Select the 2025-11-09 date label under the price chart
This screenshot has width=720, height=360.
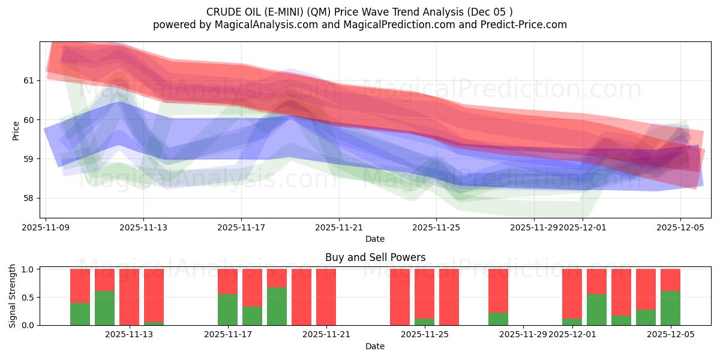[46, 227]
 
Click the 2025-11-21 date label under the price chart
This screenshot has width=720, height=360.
[339, 227]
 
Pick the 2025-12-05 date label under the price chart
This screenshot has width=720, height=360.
[680, 227]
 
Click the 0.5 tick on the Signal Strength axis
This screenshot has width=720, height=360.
[29, 297]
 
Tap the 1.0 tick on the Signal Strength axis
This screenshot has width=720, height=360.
[29, 269]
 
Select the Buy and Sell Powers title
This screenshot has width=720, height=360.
[375, 257]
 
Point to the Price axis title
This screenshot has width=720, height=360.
[16, 130]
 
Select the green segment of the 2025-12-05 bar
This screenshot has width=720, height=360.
[670, 308]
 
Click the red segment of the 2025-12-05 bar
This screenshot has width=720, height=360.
[670, 280]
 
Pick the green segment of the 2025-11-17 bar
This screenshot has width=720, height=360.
[227, 310]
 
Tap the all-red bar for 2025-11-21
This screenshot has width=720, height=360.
[326, 297]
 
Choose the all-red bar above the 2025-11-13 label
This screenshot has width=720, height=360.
[129, 297]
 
